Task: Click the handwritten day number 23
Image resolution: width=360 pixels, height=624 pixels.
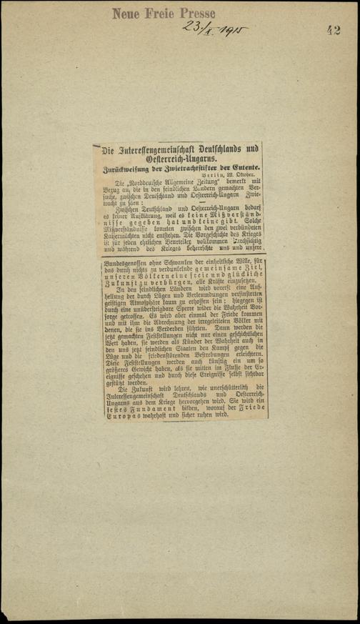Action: pyautogui.click(x=191, y=28)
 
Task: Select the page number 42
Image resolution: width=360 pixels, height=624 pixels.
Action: pyautogui.click(x=334, y=29)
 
